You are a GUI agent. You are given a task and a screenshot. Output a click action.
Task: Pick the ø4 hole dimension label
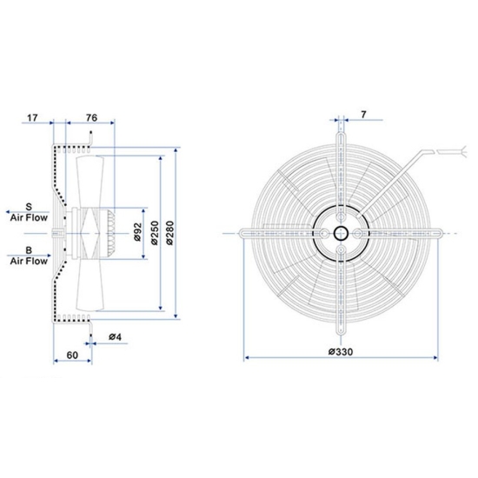click(114, 337)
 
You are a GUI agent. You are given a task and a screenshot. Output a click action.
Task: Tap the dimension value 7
click(362, 113)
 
